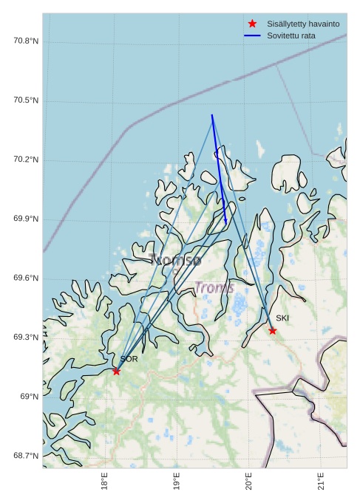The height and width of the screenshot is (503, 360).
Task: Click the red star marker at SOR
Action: [116, 371]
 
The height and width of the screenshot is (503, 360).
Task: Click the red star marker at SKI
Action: [273, 330]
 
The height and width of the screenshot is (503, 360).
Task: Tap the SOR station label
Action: [129, 359]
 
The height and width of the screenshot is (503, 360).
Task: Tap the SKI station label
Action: [282, 318]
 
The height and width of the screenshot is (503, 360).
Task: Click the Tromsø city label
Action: [175, 260]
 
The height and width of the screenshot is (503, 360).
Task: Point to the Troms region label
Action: [214, 287]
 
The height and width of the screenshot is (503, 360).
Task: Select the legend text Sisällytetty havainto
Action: [303, 24]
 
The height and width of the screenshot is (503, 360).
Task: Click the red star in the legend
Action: [253, 24]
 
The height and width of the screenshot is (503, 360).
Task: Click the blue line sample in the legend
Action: [253, 35]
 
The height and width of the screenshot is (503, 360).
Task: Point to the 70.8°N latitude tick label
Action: [25, 41]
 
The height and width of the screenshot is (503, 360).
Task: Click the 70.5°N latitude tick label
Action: [25, 100]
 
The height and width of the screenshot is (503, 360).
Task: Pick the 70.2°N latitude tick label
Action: [25, 160]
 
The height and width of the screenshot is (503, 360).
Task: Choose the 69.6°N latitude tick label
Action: [25, 278]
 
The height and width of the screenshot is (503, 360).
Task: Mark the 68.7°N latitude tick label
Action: [25, 456]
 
